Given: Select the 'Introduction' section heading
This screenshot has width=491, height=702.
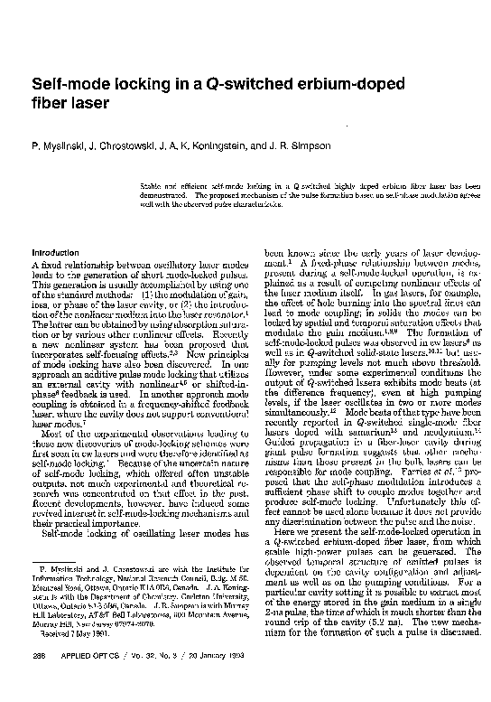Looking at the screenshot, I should tap(55, 252).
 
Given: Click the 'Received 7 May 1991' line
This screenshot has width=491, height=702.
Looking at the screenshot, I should tap(71, 635).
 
